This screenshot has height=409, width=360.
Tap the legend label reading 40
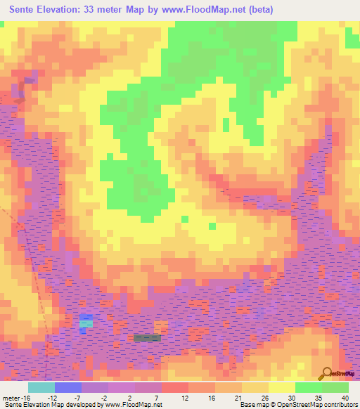coord(345,397)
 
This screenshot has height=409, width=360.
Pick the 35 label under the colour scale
coord(319,397)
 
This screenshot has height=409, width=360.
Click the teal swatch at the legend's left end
coord(41,387)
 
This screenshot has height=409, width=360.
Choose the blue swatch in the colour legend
coord(68,387)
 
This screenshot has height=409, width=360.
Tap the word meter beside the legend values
coord(11,397)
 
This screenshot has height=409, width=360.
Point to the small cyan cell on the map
coord(86,323)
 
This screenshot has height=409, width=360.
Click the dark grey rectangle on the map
coord(147,338)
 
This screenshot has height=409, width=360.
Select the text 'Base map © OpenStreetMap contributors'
coord(297,405)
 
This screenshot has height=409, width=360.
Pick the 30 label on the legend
coord(292,397)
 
